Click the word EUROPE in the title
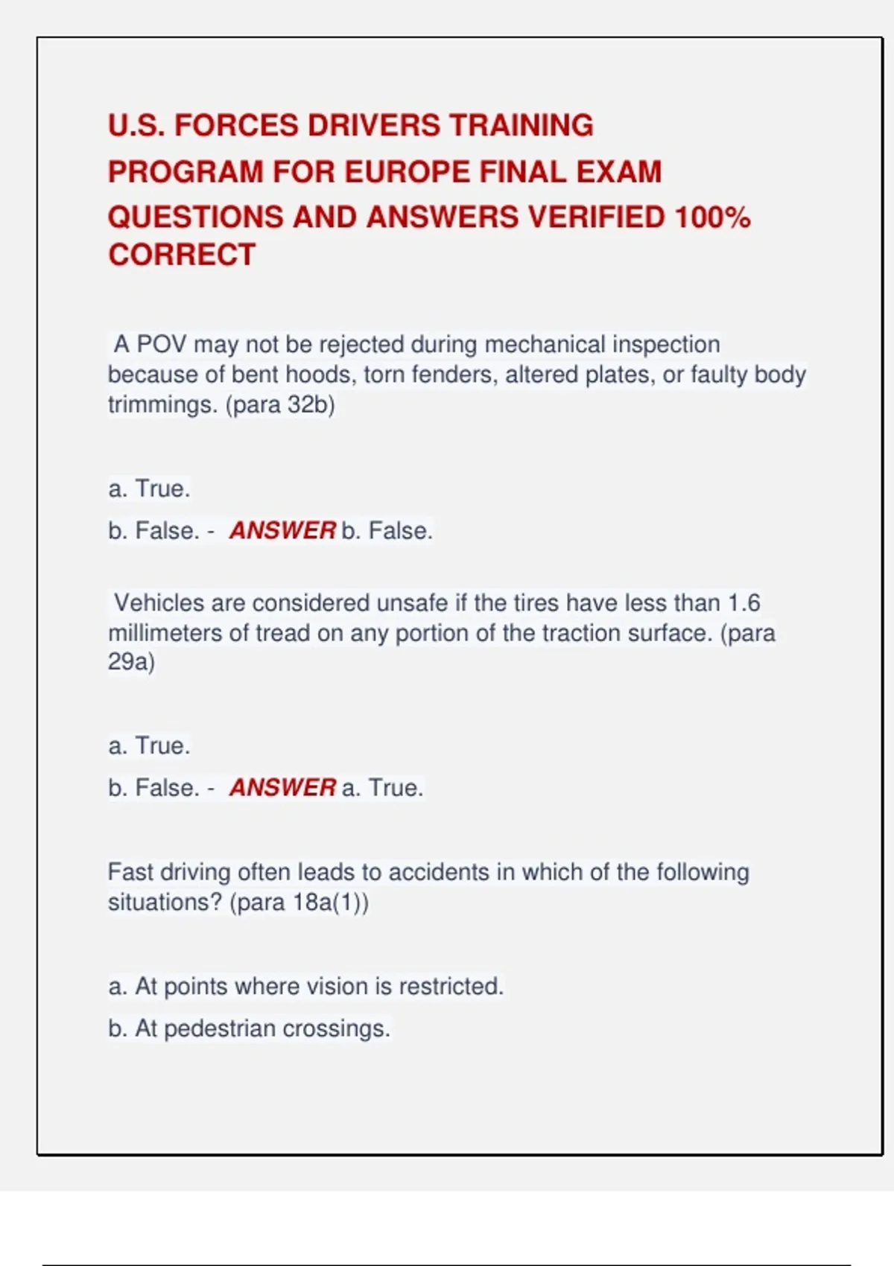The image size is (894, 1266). [406, 172]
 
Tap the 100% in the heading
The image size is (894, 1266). [712, 217]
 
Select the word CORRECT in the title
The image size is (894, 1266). [182, 255]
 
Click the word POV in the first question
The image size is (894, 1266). [162, 344]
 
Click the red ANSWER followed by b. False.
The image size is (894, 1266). [282, 530]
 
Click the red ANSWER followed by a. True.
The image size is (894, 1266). [282, 787]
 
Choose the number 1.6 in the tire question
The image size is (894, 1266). [744, 602]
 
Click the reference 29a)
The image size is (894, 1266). [131, 661]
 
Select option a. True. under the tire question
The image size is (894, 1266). [149, 745]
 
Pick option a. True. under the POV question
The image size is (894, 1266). [149, 489]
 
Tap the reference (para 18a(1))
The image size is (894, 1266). [299, 903]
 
